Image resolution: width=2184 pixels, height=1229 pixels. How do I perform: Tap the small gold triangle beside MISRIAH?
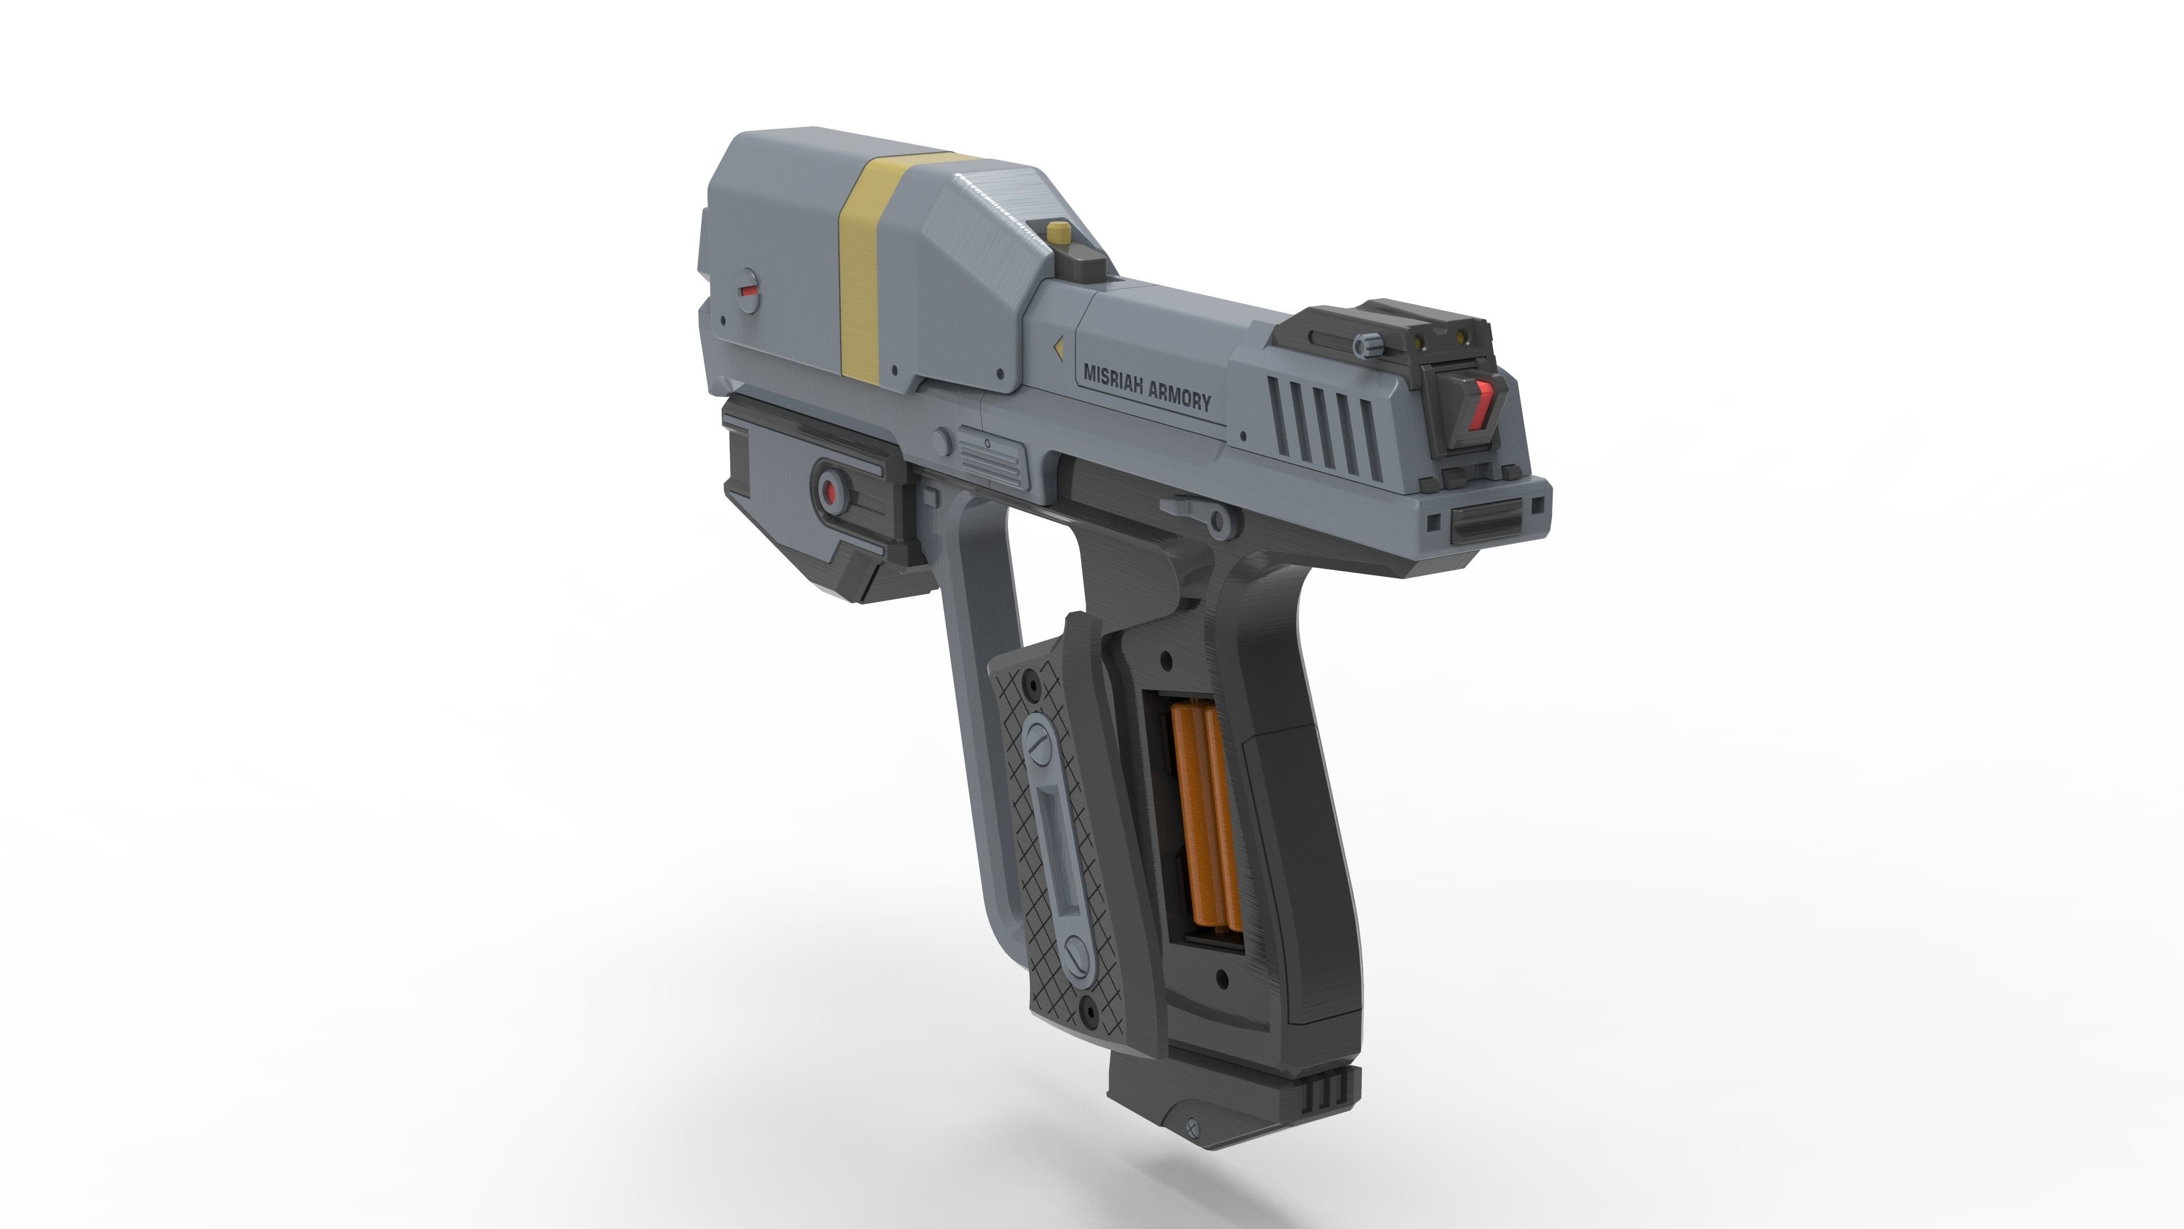pos(1059,348)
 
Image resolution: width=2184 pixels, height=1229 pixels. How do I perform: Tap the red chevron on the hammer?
pos(1483,404)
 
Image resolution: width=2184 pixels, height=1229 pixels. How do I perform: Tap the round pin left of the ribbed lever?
pos(942,441)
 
